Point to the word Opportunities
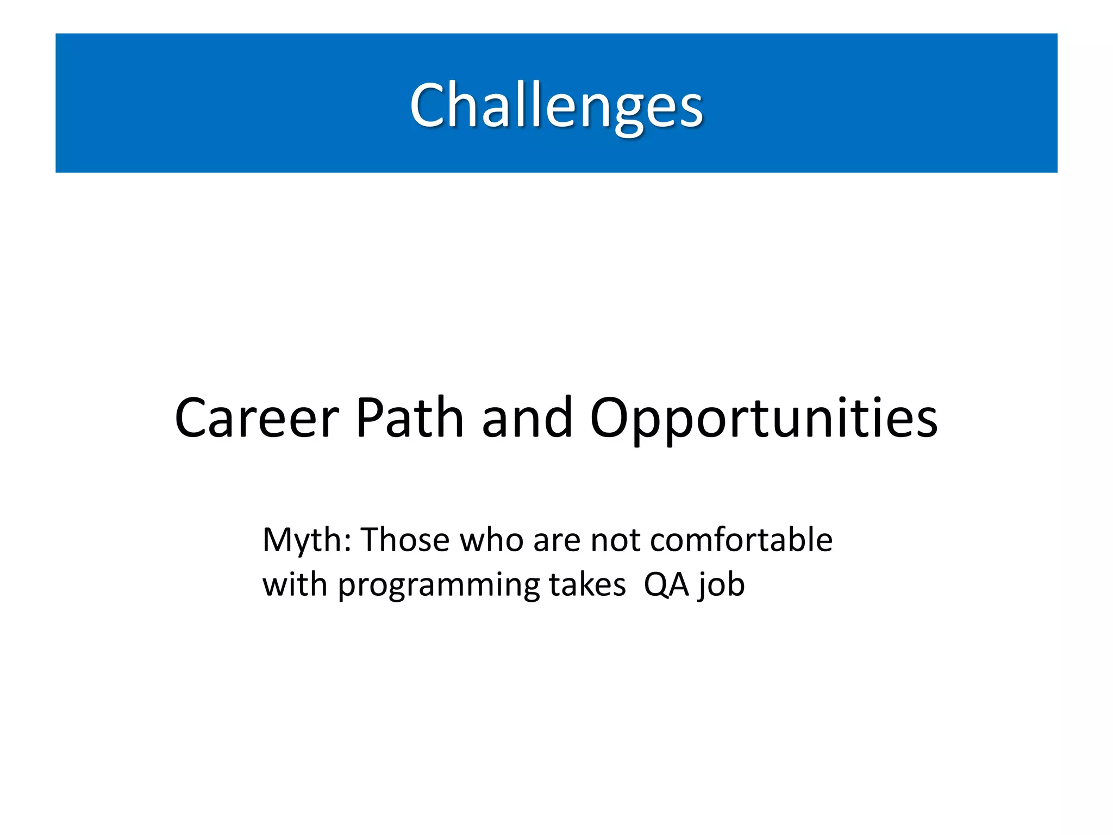pyautogui.click(x=764, y=419)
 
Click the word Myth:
pyautogui.click(x=307, y=540)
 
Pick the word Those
pyautogui.click(x=405, y=540)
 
